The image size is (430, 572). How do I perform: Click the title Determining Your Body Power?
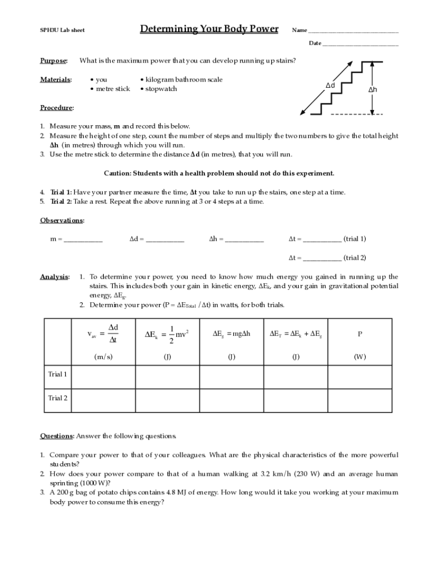(x=209, y=29)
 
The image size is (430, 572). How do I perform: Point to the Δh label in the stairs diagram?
(x=372, y=90)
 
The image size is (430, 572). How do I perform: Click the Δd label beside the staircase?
(x=330, y=85)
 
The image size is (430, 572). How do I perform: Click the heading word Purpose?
(x=54, y=60)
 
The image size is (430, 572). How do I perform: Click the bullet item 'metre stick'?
(x=112, y=89)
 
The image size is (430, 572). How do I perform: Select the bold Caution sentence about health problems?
(x=219, y=173)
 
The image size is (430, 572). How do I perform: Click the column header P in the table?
(x=360, y=334)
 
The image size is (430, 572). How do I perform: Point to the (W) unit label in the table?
(x=360, y=357)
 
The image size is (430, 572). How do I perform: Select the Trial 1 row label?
(x=58, y=375)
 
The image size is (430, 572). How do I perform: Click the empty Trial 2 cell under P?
(x=360, y=399)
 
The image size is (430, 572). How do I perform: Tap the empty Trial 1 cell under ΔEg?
(x=231, y=375)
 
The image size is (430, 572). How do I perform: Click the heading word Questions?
(x=56, y=436)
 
